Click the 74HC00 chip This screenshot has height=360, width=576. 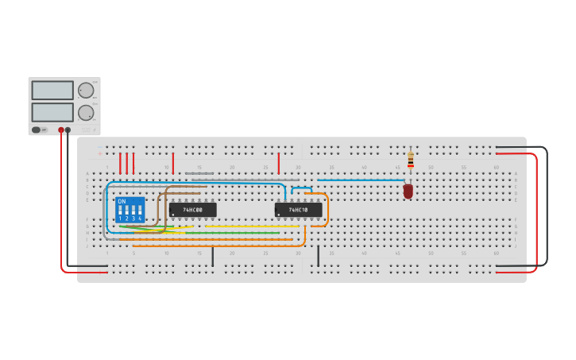192,210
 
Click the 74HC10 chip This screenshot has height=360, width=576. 298,210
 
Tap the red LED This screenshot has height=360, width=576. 408,191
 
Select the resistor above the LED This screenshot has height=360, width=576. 411,161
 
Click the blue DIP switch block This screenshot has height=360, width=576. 130,210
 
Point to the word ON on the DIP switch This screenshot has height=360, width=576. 122,201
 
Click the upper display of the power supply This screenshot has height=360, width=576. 52,90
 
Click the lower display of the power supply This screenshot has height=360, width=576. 52,112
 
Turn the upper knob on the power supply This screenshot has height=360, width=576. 86,90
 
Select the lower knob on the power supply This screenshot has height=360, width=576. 86,112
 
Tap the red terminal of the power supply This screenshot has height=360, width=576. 61,130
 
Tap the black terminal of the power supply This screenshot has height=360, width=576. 68,130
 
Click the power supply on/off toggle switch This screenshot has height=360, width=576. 36,130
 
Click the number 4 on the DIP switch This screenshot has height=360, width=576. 140,219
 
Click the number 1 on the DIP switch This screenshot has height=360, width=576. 121,219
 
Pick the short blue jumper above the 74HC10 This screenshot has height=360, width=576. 301,188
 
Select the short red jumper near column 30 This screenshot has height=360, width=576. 279,163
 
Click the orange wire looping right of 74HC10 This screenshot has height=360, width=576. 327,208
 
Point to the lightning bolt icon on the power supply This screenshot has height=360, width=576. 44,130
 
